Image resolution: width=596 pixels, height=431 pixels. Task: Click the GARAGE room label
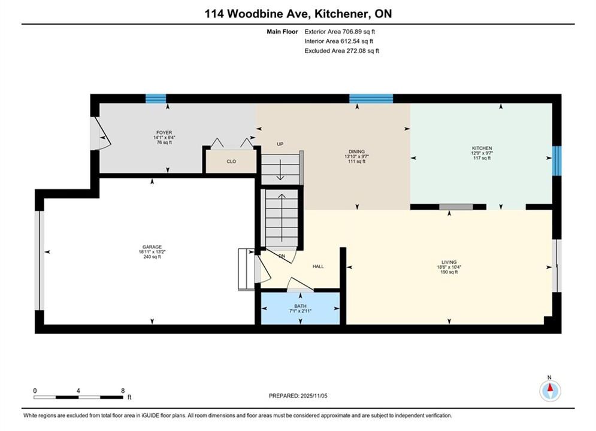(152, 247)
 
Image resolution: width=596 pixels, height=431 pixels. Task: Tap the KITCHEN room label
(482, 148)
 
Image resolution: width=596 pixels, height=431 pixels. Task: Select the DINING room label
(356, 151)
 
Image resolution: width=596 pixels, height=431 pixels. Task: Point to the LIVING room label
(449, 262)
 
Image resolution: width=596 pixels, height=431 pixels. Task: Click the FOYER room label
(164, 132)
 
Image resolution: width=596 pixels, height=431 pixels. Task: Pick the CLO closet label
(231, 162)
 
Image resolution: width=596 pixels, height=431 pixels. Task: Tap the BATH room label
(300, 306)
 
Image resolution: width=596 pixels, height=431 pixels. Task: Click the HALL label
(318, 266)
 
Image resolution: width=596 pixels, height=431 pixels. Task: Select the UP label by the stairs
(280, 144)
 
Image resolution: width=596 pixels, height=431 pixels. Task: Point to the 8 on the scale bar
(123, 390)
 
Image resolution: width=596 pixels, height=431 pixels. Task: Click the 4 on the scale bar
(78, 390)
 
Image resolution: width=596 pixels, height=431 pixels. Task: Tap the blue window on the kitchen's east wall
(556, 161)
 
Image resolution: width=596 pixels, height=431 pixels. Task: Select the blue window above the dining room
(371, 99)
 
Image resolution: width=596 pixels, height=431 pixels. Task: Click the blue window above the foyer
(156, 99)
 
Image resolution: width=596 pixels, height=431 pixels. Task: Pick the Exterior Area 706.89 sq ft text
(340, 32)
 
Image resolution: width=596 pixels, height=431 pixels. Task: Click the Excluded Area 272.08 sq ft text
(341, 50)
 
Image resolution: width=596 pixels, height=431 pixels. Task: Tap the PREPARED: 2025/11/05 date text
(298, 396)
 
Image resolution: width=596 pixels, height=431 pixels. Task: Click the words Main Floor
(282, 32)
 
